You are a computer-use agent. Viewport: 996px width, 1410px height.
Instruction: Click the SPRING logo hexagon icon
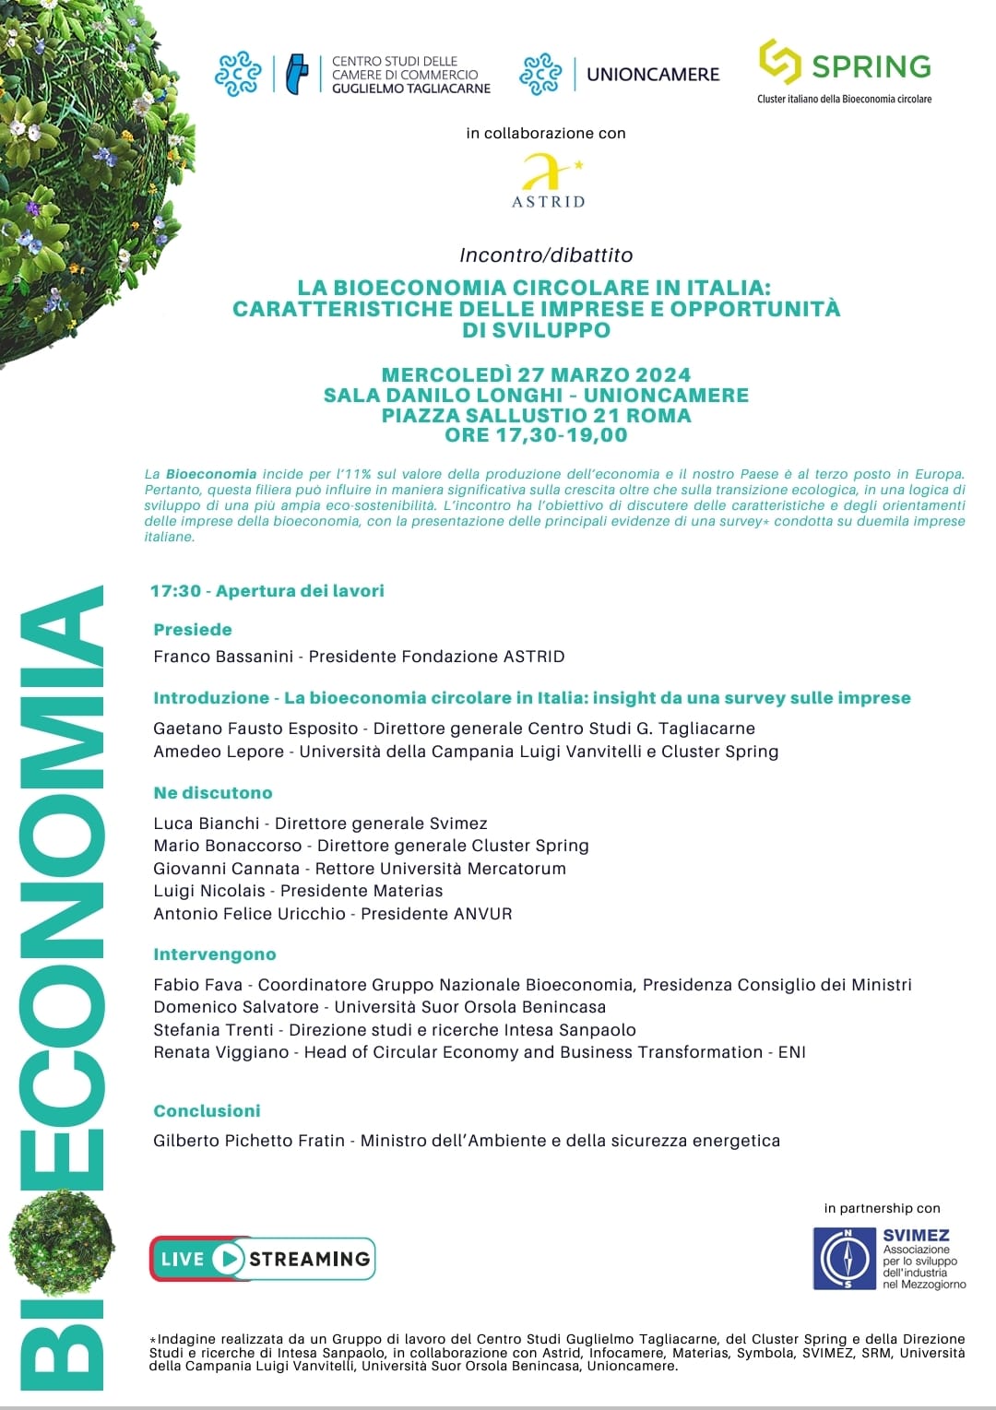click(779, 62)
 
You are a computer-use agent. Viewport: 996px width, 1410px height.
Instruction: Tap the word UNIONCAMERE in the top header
click(653, 75)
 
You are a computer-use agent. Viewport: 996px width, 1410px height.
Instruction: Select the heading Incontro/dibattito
click(546, 255)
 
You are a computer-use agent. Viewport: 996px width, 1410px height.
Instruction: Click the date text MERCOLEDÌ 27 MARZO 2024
click(536, 374)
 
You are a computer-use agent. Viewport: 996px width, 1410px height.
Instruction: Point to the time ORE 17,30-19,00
click(536, 435)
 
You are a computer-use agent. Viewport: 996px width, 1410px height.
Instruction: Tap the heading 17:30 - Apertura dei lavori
click(267, 591)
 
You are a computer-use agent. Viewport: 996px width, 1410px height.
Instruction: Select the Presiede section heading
click(193, 630)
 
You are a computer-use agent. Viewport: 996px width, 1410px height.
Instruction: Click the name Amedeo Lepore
click(219, 752)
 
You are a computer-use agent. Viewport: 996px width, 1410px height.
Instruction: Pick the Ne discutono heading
click(213, 793)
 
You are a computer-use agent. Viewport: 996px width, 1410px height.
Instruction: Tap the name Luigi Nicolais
click(209, 891)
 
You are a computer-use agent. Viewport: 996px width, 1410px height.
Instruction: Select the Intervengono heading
click(215, 954)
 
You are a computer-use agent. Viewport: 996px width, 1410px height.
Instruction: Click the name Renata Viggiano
click(221, 1052)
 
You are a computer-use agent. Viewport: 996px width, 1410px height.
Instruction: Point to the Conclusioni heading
click(207, 1111)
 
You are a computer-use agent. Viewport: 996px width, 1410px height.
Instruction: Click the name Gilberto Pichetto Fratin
click(249, 1141)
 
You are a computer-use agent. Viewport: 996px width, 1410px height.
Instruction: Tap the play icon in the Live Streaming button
click(228, 1259)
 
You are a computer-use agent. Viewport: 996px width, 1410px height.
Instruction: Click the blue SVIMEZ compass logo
click(845, 1258)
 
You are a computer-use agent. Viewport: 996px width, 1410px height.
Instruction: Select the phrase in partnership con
click(883, 1208)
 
